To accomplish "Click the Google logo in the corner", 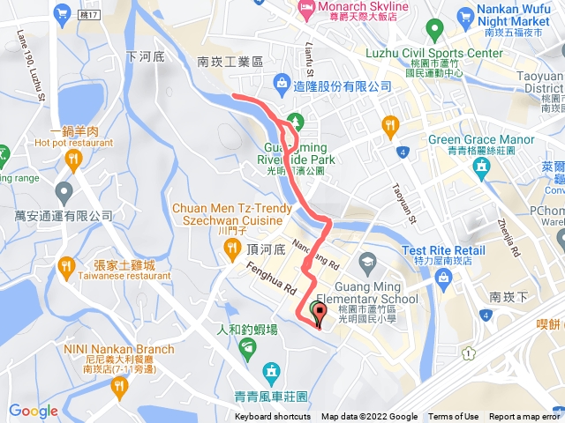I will (x=34, y=411).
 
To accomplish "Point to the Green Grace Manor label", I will (x=481, y=139).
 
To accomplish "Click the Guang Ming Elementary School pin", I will (x=367, y=262).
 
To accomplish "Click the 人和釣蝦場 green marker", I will (x=249, y=350).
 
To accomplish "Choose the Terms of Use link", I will (x=454, y=417).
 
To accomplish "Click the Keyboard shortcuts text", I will (x=273, y=417).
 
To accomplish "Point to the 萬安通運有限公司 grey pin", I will (x=64, y=190).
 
